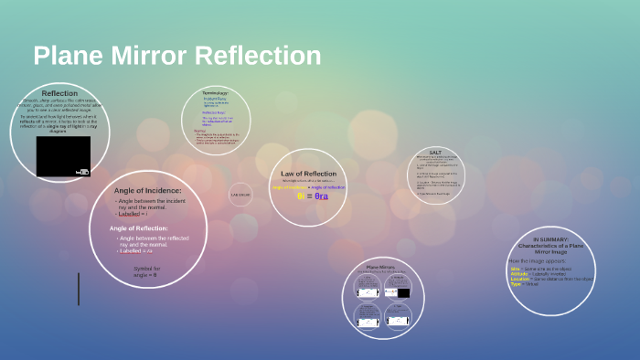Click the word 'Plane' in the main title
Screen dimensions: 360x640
pyautogui.click(x=67, y=56)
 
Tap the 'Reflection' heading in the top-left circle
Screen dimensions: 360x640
pyautogui.click(x=59, y=93)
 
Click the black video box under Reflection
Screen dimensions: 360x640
pyautogui.click(x=63, y=156)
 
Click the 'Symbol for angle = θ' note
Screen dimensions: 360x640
pyautogui.click(x=145, y=271)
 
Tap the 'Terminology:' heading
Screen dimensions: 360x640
pyautogui.click(x=215, y=93)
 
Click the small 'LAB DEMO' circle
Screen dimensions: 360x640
pyautogui.click(x=240, y=195)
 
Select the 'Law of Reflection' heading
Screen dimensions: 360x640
pyautogui.click(x=308, y=174)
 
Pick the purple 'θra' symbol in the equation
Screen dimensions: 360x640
pyautogui.click(x=321, y=196)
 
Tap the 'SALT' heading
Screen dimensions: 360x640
pyautogui.click(x=435, y=152)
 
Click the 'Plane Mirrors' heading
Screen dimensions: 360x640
pyautogui.click(x=379, y=268)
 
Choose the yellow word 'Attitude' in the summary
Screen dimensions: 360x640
pyautogui.click(x=519, y=273)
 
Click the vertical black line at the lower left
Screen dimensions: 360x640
pyautogui.click(x=78, y=289)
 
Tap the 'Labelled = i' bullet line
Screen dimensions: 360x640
pyautogui.click(x=133, y=213)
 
